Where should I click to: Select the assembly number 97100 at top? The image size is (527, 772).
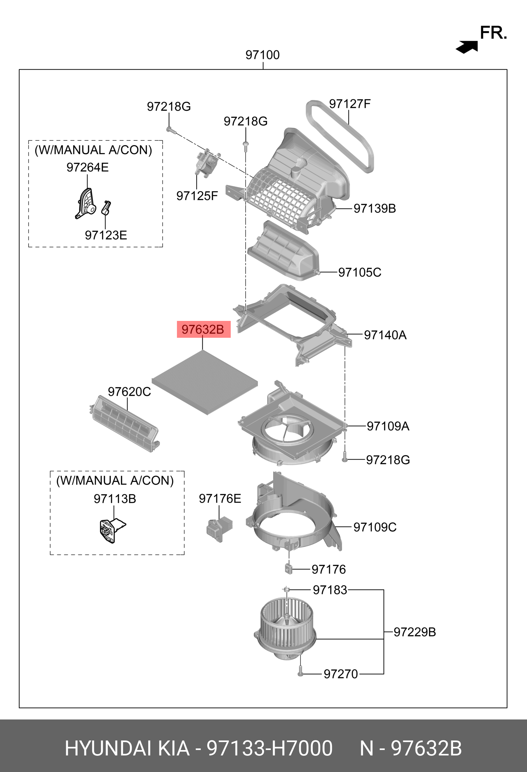(x=262, y=55)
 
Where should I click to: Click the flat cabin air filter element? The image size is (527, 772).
(x=205, y=382)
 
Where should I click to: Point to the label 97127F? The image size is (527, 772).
(x=350, y=104)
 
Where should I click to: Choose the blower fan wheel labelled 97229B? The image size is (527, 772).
(x=286, y=627)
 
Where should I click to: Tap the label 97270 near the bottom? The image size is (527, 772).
(x=341, y=674)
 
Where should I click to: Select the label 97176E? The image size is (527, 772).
(x=220, y=498)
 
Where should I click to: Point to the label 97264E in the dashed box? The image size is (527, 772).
(x=87, y=167)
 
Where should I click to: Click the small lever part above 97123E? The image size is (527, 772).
(x=106, y=208)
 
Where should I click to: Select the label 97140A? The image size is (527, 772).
(x=385, y=335)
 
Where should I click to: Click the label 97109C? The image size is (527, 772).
(x=375, y=527)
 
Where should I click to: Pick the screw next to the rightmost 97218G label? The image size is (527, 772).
(x=344, y=459)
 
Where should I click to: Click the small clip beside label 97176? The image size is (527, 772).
(x=288, y=569)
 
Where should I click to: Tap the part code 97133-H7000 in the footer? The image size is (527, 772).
(x=269, y=748)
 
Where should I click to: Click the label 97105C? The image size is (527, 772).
(x=359, y=272)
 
